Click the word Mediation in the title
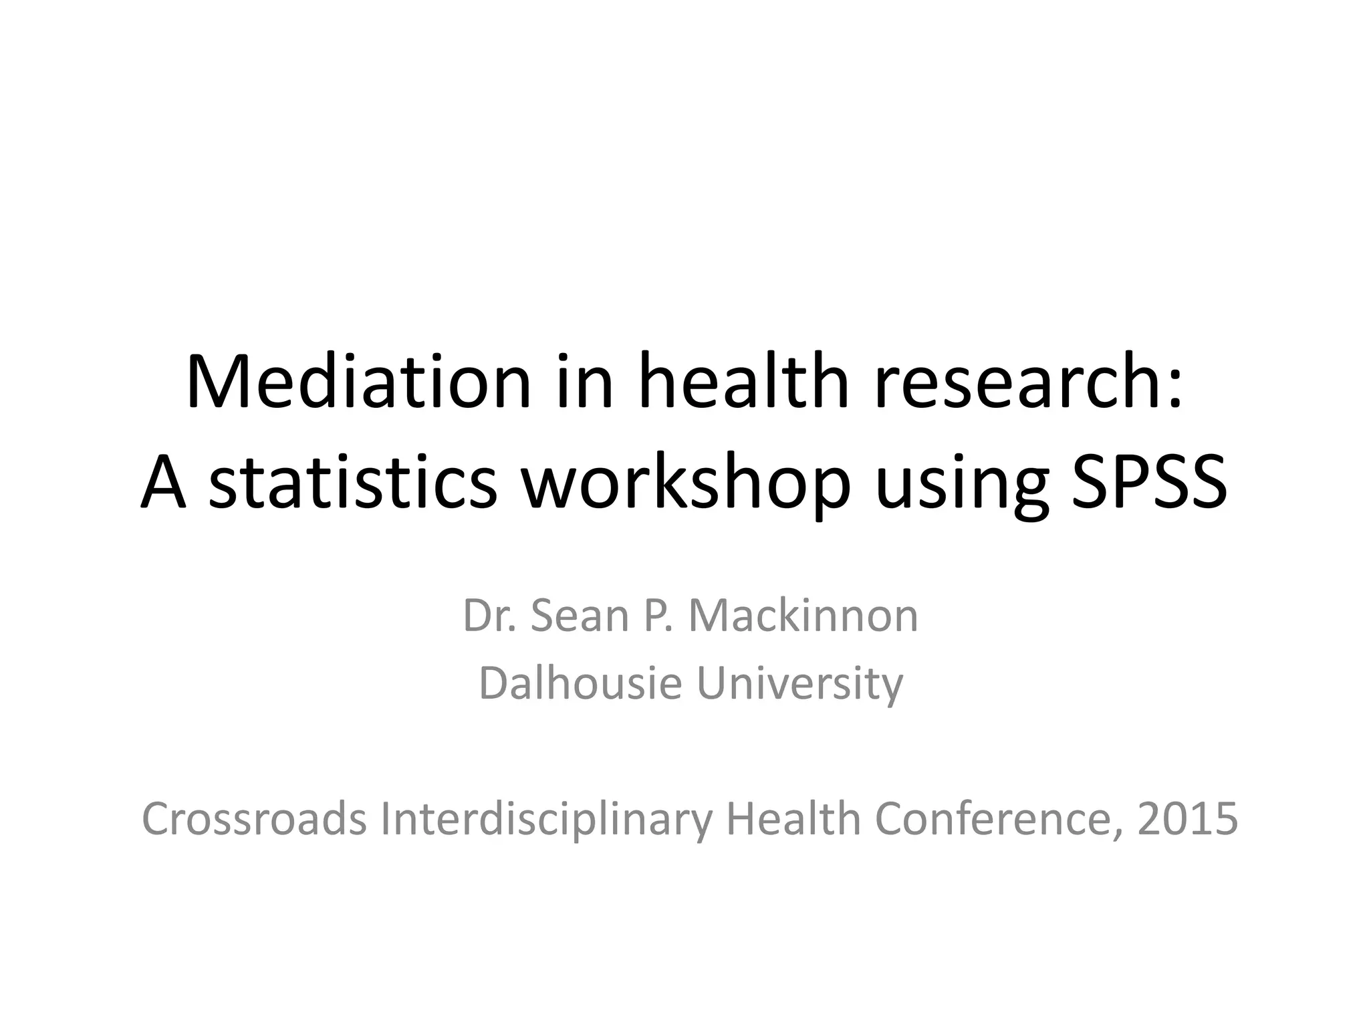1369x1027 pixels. click(x=358, y=383)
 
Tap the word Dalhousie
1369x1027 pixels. click(x=580, y=683)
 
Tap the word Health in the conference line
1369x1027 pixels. click(x=793, y=819)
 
